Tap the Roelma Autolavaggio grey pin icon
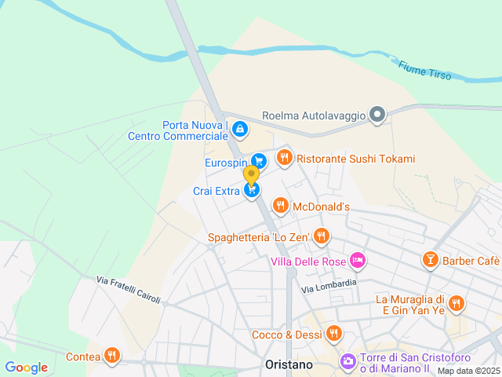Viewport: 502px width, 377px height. point(377,115)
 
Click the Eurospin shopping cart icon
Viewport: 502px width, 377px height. point(259,162)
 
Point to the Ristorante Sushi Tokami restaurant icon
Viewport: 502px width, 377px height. point(284,158)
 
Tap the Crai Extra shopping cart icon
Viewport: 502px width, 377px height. point(251,189)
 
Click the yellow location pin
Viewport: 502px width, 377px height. point(251,174)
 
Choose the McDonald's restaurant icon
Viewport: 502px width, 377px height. point(279,206)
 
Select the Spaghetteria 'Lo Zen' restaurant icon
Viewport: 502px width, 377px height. point(321,236)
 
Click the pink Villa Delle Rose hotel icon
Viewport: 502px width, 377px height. point(358,260)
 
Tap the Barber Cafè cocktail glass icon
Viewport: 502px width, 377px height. point(430,260)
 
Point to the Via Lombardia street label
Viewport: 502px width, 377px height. point(329,285)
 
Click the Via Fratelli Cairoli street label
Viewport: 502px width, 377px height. point(129,290)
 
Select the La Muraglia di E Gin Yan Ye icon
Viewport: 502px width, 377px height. point(456,303)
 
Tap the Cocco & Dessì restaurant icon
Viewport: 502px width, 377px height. point(334,334)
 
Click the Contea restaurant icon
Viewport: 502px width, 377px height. point(113,356)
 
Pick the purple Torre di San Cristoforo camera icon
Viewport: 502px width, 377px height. point(347,361)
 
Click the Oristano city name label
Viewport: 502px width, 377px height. point(287,365)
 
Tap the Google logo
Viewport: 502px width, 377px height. point(26,367)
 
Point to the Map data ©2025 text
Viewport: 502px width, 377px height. point(468,371)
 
